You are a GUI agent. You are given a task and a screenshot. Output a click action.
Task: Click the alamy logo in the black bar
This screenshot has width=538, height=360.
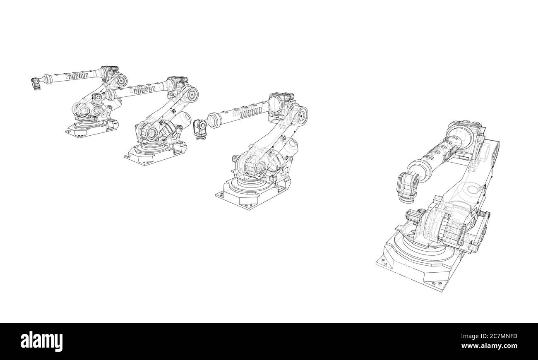click(41, 341)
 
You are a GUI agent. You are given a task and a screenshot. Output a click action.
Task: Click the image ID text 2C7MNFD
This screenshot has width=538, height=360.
click(504, 336)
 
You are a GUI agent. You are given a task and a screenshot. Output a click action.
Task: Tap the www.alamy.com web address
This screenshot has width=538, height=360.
click(489, 346)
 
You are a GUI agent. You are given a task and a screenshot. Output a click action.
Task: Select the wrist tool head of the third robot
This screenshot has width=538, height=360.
click(200, 129)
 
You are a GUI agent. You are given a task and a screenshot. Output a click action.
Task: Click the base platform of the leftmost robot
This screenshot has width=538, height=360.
click(92, 128)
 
